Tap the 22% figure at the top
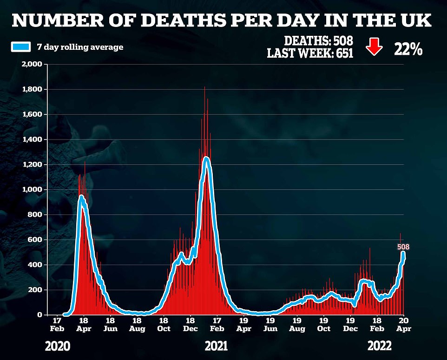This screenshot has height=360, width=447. (408, 49)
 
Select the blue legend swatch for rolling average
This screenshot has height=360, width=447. (20, 47)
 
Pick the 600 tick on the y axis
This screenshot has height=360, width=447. (37, 240)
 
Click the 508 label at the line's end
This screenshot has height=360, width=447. (403, 247)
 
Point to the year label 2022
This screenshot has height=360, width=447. (379, 347)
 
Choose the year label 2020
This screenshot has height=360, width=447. (59, 347)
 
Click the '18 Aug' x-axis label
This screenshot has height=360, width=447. (137, 324)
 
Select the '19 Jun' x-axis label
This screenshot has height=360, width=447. (270, 324)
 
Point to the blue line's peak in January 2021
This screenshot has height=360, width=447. (206, 159)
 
